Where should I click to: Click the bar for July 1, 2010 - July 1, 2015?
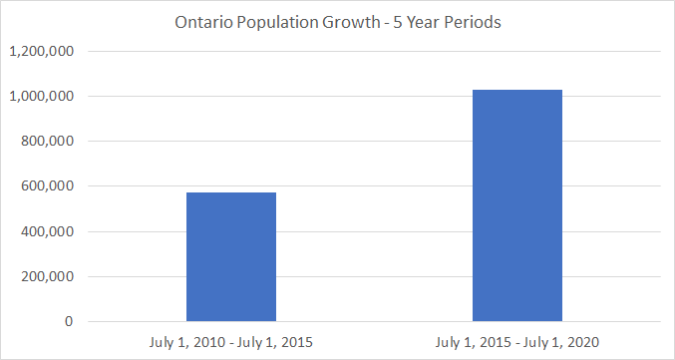pos(231,256)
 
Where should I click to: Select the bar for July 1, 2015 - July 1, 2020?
pos(517,205)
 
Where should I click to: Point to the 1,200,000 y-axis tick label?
pos(41,51)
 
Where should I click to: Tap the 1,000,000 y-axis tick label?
pos(41,96)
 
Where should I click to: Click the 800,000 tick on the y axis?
pos(47,142)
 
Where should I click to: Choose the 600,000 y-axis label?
pos(47,186)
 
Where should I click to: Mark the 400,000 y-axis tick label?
pos(47,231)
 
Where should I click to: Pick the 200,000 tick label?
pos(47,276)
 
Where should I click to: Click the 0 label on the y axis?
pos(70,321)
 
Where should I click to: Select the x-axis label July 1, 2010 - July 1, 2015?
pos(231,343)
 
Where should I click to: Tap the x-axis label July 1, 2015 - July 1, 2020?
pos(517,343)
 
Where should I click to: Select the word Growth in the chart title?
pos(350,22)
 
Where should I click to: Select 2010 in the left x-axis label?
pos(209,343)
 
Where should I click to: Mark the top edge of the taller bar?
pos(517,90)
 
